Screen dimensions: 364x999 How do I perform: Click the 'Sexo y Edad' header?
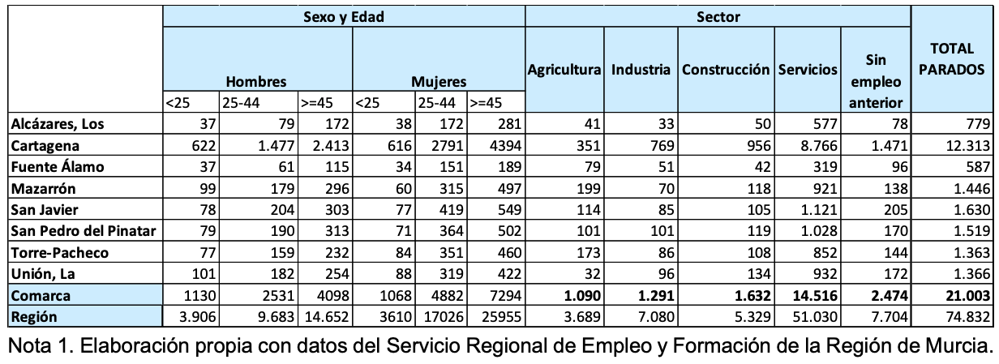(x=343, y=16)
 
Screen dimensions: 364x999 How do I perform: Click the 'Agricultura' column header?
(x=564, y=71)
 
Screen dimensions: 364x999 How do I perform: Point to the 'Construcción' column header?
(x=727, y=71)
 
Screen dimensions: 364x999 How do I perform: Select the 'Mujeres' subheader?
(x=439, y=82)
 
